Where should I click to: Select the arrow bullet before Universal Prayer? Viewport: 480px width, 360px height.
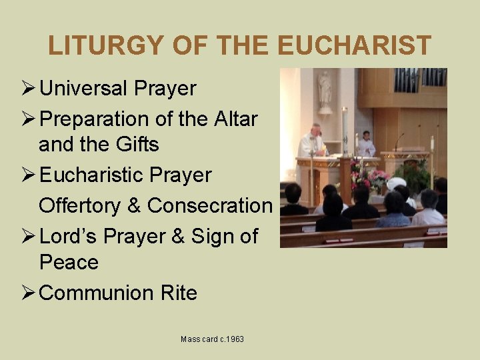point(29,89)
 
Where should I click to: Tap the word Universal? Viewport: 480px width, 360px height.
point(85,89)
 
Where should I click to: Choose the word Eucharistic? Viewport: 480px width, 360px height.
point(87,175)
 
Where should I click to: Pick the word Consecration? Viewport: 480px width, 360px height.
point(209,205)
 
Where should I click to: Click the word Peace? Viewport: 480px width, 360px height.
point(68,262)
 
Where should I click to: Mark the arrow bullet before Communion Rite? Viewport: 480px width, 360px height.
point(29,293)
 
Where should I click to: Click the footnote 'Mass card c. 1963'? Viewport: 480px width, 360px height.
point(212,339)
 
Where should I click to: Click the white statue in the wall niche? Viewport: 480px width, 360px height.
point(325,90)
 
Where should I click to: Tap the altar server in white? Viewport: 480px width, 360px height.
point(365,145)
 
